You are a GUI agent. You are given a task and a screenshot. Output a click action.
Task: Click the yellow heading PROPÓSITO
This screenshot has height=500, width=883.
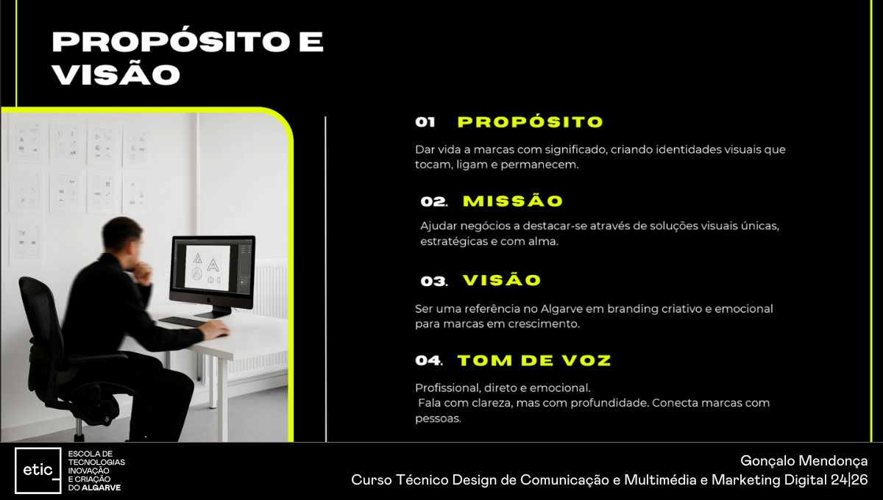pos(531,122)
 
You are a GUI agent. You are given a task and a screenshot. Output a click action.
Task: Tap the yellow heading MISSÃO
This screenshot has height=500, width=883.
pos(513,201)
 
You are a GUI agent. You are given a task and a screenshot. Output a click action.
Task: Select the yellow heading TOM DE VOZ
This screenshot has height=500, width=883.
pos(534,360)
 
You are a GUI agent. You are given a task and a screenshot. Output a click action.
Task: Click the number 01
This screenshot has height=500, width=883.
pos(425,122)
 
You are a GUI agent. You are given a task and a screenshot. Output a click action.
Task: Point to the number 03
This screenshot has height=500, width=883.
pos(433,282)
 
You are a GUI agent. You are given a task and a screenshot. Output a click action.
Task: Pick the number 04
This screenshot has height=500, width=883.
pos(428,360)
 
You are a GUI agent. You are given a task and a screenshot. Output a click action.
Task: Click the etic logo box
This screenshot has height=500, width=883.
pos(38,471)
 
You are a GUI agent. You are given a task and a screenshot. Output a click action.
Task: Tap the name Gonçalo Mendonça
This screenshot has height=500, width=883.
pos(804,460)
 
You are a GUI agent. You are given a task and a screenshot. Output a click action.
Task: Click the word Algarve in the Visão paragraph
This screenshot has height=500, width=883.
pos(561,309)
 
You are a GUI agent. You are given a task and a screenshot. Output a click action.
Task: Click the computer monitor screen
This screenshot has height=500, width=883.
pos(213,268)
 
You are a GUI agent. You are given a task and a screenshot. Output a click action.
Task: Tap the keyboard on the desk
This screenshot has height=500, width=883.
pos(182,321)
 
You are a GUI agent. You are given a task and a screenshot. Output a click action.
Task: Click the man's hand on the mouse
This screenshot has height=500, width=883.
pos(215,329)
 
